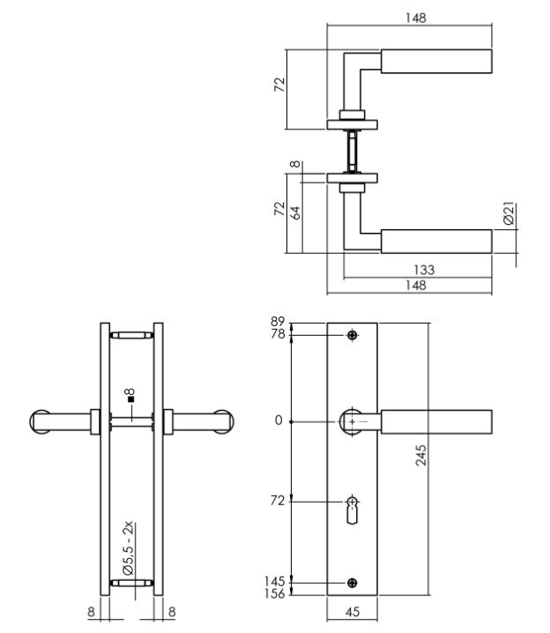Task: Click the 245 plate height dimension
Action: (x=421, y=456)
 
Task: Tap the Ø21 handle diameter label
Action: (x=509, y=214)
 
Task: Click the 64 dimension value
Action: (x=296, y=212)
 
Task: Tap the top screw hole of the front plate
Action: (x=353, y=336)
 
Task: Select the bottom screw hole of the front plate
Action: (x=353, y=583)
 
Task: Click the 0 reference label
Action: (x=279, y=421)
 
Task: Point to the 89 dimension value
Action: (x=279, y=322)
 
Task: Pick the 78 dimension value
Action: (x=279, y=334)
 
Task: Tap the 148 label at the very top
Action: (x=410, y=17)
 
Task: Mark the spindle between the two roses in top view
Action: (x=353, y=151)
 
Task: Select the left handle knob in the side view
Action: (x=44, y=421)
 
